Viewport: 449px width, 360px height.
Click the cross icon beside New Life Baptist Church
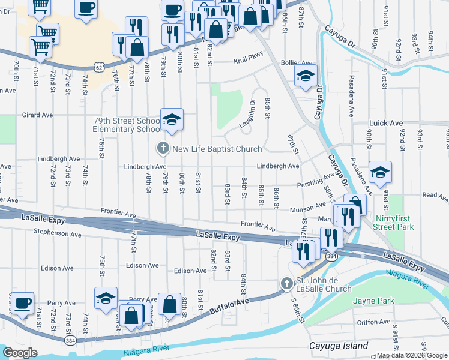162,148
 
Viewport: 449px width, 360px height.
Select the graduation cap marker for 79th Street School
172,120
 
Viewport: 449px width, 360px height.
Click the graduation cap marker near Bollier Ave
305,77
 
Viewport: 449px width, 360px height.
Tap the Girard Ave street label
38,115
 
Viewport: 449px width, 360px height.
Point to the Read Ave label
435,195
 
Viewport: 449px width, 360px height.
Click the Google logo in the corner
20,353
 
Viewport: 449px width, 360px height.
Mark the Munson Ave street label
306,207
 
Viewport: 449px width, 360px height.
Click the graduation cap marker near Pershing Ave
380,173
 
